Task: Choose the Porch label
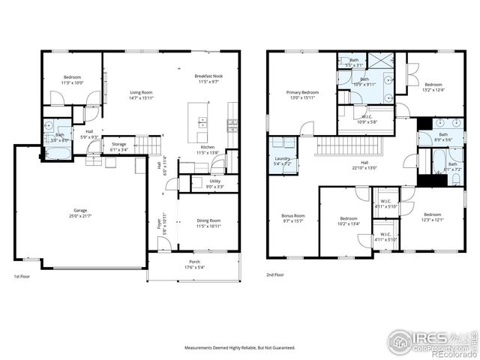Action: (x=193, y=265)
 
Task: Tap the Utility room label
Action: (x=214, y=184)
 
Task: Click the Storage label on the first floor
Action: (x=118, y=146)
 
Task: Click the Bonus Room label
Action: (x=293, y=217)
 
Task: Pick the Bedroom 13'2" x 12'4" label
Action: (x=433, y=87)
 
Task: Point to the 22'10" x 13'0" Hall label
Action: (x=364, y=165)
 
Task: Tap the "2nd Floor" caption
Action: (x=274, y=275)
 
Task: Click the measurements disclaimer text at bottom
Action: (x=241, y=347)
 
